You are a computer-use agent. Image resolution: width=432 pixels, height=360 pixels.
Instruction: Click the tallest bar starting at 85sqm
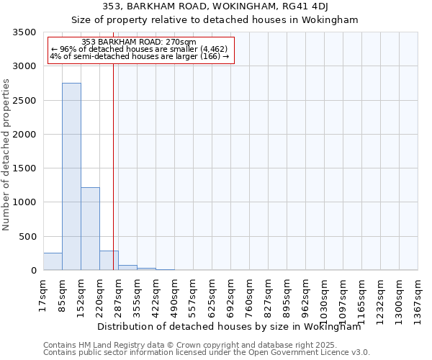pyautogui.click(x=71, y=176)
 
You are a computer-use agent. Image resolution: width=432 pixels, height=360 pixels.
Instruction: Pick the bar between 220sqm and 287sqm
pyautogui.click(x=109, y=261)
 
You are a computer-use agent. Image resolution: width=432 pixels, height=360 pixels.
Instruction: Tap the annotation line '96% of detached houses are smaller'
pyautogui.click(x=140, y=50)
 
